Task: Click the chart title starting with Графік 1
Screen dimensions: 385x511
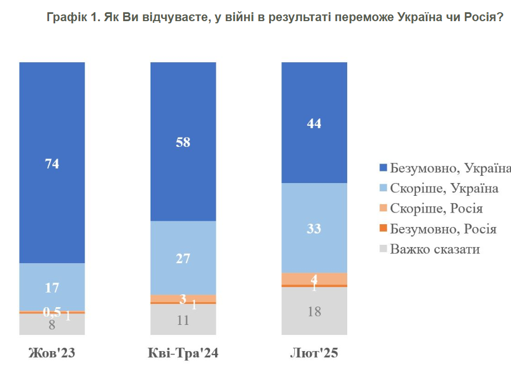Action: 275,18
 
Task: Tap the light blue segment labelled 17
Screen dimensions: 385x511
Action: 52,287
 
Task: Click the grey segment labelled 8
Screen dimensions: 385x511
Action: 52,325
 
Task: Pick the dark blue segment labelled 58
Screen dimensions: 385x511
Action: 183,142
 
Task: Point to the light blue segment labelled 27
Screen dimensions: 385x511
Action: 183,258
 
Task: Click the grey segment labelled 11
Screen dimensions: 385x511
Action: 183,320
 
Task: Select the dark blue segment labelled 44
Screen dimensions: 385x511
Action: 314,123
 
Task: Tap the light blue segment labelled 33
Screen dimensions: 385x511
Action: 314,228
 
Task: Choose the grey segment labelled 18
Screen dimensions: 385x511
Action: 314,311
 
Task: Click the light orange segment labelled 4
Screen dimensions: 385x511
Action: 314,279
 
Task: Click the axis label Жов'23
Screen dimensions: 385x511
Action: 52,354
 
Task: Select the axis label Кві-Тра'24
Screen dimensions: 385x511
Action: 183,354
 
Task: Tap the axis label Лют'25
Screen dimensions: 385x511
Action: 314,354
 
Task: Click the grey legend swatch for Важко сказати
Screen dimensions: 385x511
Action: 383,249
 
